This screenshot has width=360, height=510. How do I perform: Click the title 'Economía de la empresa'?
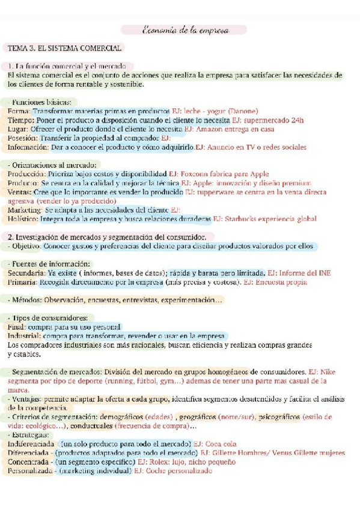click(x=184, y=30)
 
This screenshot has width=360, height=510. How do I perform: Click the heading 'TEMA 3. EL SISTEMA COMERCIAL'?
click(x=64, y=48)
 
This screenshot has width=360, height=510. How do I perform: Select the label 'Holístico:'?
click(x=23, y=219)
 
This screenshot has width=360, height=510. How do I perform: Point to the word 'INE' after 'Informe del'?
click(x=324, y=273)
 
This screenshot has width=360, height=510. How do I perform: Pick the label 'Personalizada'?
click(x=28, y=471)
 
